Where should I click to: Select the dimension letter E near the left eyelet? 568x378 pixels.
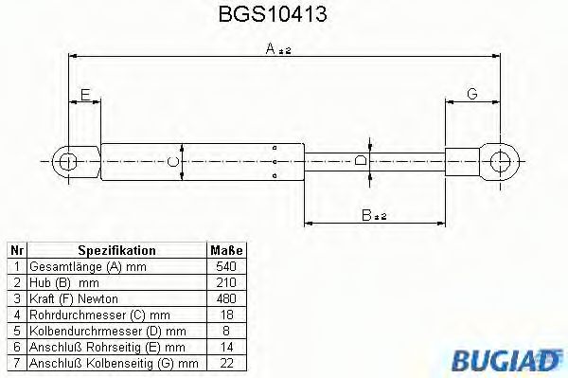(x=85, y=95)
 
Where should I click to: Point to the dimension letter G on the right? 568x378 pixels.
(x=471, y=94)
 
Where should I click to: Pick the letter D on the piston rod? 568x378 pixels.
(x=361, y=162)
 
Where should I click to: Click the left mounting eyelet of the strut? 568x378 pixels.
(x=66, y=161)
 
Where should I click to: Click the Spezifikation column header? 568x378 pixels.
(x=116, y=250)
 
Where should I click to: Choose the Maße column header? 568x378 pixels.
(x=226, y=250)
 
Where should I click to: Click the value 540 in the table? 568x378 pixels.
(x=226, y=267)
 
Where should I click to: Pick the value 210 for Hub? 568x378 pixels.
(x=226, y=282)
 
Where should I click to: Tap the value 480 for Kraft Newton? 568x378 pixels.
(x=226, y=298)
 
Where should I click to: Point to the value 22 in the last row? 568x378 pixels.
(x=226, y=362)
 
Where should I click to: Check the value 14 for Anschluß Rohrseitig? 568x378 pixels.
(x=226, y=346)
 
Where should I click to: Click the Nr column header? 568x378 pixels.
(x=16, y=250)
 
